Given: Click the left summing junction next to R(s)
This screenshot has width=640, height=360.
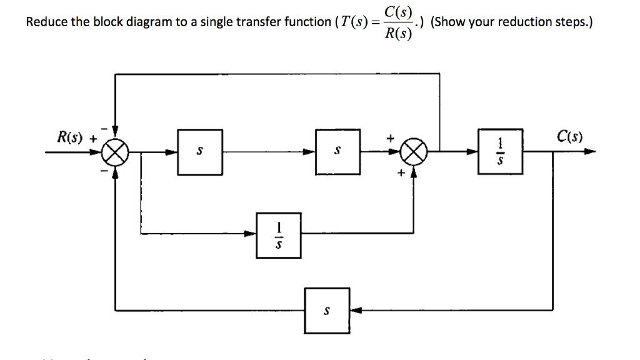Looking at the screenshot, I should click(x=115, y=151).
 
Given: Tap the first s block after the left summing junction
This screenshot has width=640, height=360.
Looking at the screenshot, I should click(x=199, y=151).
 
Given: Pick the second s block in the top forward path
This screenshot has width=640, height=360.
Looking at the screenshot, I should click(x=337, y=151).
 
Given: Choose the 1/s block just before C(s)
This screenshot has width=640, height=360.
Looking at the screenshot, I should click(x=499, y=151).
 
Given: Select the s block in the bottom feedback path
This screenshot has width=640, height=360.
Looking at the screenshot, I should click(x=327, y=310).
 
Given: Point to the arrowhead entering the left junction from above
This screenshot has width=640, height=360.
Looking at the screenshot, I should click(x=115, y=132).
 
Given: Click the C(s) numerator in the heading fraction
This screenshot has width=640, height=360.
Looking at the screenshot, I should click(x=398, y=11).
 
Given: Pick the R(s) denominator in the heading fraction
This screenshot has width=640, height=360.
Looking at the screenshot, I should click(x=398, y=34).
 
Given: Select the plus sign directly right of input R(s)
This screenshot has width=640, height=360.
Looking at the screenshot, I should click(x=94, y=138).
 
